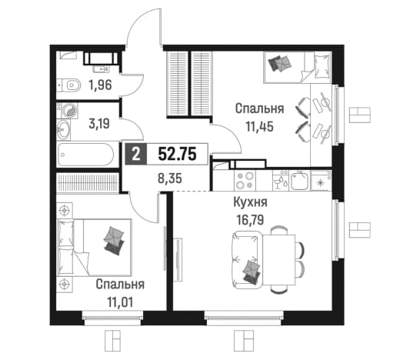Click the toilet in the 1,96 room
(68, 85)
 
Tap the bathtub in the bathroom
(85, 155)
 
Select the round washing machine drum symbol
(71, 111)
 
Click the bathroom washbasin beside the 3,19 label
(63, 130)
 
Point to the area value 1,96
(100, 85)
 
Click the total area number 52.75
(178, 154)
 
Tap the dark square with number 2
(136, 155)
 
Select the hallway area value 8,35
(170, 178)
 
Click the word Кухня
(250, 202)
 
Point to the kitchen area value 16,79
(250, 220)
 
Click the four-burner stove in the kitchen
(245, 180)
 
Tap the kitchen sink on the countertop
(300, 180)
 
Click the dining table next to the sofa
(278, 260)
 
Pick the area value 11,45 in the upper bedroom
(260, 127)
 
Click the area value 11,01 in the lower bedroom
(120, 302)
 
